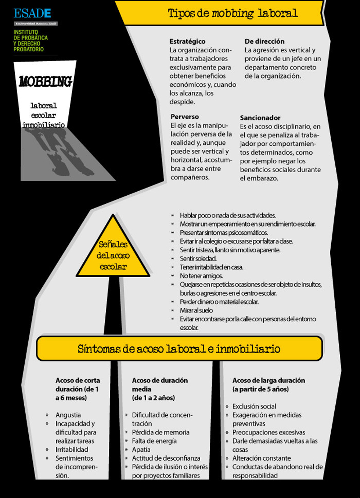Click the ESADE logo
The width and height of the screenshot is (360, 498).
pyautogui.click(x=32, y=13)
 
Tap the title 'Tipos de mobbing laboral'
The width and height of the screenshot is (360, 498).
pyautogui.click(x=233, y=13)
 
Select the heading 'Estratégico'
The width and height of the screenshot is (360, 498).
pyautogui.click(x=187, y=41)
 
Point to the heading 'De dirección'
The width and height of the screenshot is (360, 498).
pyautogui.click(x=265, y=41)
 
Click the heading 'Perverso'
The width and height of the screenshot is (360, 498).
pyautogui.click(x=184, y=117)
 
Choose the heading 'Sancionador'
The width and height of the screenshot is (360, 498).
pyautogui.click(x=260, y=118)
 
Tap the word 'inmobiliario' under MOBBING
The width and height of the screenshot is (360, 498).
pyautogui.click(x=44, y=124)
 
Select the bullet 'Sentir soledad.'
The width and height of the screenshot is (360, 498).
pyautogui.click(x=198, y=259)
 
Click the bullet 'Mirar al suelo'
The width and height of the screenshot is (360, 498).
pyautogui.click(x=196, y=310)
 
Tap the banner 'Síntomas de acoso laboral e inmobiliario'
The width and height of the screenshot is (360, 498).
pyautogui.click(x=179, y=349)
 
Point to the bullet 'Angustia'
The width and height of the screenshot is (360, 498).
pyautogui.click(x=68, y=415)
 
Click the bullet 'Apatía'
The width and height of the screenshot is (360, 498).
pyautogui.click(x=141, y=449)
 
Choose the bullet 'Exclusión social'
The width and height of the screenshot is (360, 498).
pyautogui.click(x=254, y=406)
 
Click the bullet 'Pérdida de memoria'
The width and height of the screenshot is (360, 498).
pyautogui.click(x=161, y=432)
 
